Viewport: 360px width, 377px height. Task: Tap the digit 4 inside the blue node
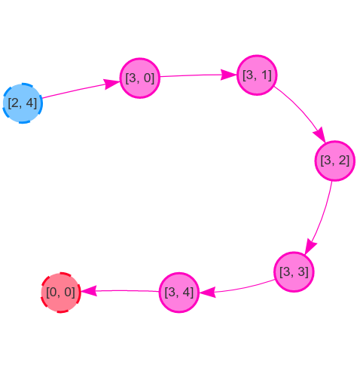click(x=30, y=103)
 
